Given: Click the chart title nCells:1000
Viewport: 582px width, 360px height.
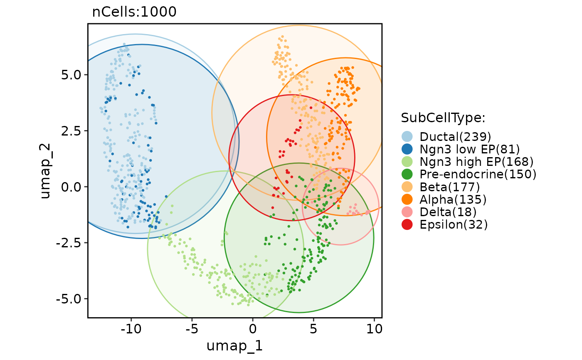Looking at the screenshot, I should tap(134, 12).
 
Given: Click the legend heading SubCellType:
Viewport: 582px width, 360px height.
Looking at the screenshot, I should tap(443, 118).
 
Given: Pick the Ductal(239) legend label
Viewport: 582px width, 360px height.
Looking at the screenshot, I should tap(455, 136).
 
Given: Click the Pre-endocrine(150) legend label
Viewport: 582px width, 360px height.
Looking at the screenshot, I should tap(478, 174).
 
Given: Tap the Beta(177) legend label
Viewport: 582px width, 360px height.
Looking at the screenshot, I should tap(450, 187).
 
